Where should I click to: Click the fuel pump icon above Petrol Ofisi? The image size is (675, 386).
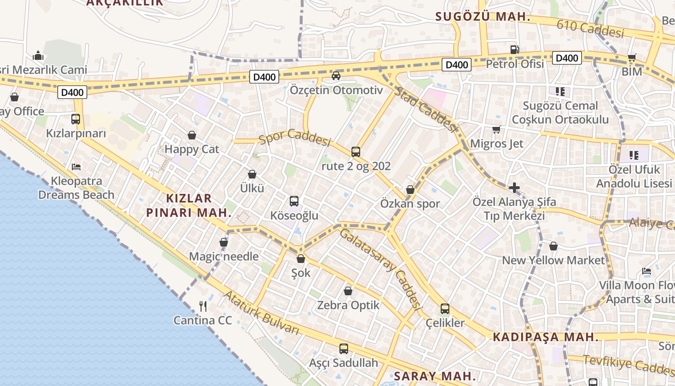click(515, 49)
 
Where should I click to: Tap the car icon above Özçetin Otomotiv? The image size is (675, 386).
click(336, 75)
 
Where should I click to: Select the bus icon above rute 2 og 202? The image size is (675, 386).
click(356, 152)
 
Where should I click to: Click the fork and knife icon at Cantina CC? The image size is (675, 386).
click(203, 306)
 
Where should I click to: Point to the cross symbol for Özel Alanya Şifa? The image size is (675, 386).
click(514, 187)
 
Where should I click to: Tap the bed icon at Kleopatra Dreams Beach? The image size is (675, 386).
click(76, 167)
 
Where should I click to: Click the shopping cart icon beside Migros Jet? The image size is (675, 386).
click(496, 129)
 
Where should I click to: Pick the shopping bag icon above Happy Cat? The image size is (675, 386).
click(192, 135)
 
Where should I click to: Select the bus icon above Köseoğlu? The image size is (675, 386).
click(294, 201)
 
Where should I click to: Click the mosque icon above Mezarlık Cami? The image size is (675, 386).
click(39, 56)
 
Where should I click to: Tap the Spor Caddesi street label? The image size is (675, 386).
click(295, 137)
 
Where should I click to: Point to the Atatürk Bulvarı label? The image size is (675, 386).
click(262, 313)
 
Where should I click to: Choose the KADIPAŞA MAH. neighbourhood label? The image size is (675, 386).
click(545, 337)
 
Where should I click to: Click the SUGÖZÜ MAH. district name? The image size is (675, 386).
click(483, 17)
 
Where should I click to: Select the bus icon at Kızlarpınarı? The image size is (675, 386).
click(76, 119)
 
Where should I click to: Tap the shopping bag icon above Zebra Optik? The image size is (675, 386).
click(348, 291)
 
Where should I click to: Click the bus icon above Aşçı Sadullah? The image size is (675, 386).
click(344, 348)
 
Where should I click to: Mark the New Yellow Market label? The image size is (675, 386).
click(553, 260)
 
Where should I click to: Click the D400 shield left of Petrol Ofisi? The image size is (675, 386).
click(456, 65)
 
